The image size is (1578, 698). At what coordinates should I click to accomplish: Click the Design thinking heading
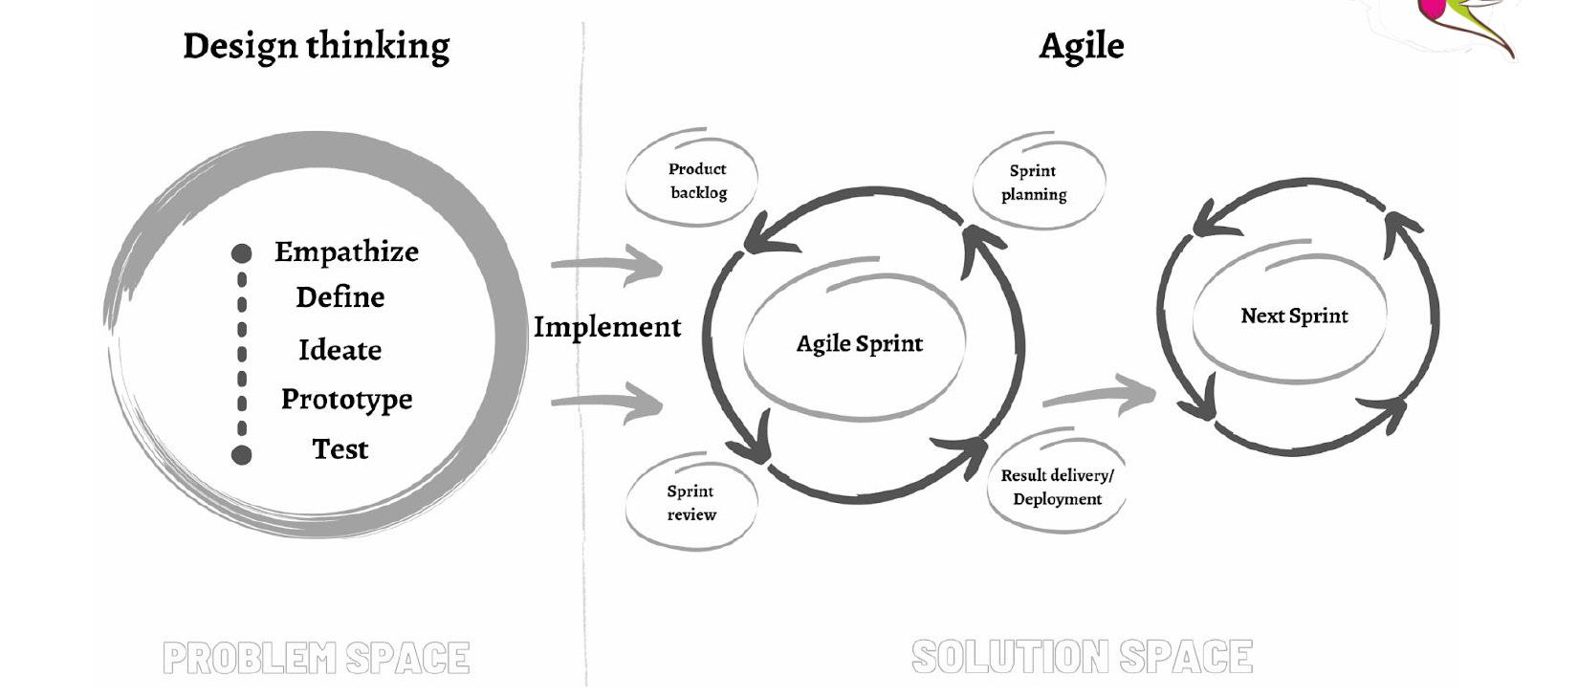[x=316, y=46]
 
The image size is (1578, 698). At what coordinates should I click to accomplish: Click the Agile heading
[x=1081, y=46]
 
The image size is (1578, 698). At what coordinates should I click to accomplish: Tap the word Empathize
[x=346, y=251]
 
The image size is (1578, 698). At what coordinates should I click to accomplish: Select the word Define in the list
[x=340, y=297]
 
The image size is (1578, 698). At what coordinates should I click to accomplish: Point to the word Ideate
[x=340, y=350]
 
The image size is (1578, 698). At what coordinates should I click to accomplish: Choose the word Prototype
[x=346, y=400]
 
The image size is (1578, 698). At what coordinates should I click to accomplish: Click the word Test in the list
[x=340, y=448]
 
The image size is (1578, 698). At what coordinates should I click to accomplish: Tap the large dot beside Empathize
[x=242, y=253]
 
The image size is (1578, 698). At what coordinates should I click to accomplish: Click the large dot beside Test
[x=242, y=454]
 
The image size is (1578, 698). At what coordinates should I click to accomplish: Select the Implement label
[x=607, y=327]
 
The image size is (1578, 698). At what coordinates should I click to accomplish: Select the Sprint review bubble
[x=690, y=503]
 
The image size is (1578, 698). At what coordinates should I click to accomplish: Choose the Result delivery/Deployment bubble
[x=1057, y=487]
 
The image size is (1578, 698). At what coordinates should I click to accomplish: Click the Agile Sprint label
[x=859, y=344]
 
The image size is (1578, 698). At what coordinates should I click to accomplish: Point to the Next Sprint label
[x=1294, y=316]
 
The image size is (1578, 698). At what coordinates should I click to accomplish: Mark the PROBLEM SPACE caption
[x=316, y=658]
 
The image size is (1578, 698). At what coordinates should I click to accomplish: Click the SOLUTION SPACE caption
[x=1082, y=657]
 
